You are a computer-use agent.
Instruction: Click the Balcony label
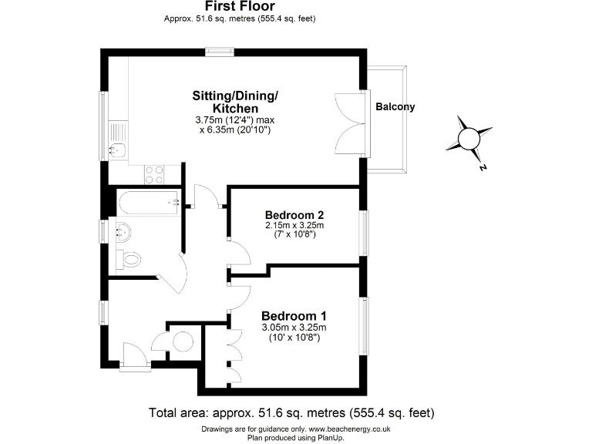[395, 107]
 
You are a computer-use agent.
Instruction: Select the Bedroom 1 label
[294, 316]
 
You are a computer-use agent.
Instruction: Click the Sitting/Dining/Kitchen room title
[234, 103]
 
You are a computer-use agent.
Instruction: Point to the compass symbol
[469, 139]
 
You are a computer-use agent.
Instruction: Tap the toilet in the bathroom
[129, 260]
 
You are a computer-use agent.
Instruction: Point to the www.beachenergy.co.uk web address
[354, 429]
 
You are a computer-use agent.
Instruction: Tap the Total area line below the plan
[296, 412]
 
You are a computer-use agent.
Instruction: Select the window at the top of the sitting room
[220, 52]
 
